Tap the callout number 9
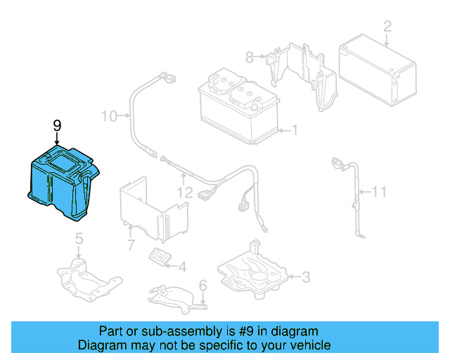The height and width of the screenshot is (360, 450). coord(57,125)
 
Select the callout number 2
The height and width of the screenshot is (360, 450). coord(387,27)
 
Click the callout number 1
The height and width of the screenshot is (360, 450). coord(295,129)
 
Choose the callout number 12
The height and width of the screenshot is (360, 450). coord(184,191)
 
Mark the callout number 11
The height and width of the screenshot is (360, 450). coord(379,191)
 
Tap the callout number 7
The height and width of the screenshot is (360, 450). coord(130,245)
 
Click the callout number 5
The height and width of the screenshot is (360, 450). coord(79,238)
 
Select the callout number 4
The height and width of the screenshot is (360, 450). coord(182,266)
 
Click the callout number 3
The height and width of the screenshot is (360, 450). coord(306,277)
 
